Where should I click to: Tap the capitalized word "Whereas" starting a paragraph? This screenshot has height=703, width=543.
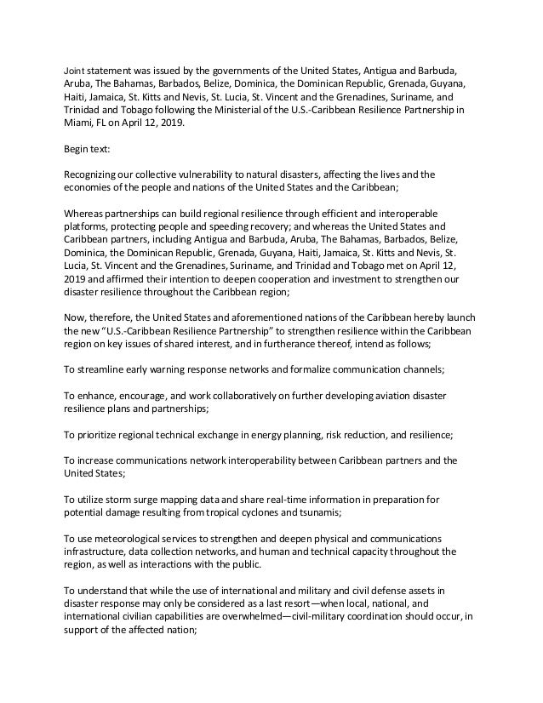(x=88, y=212)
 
